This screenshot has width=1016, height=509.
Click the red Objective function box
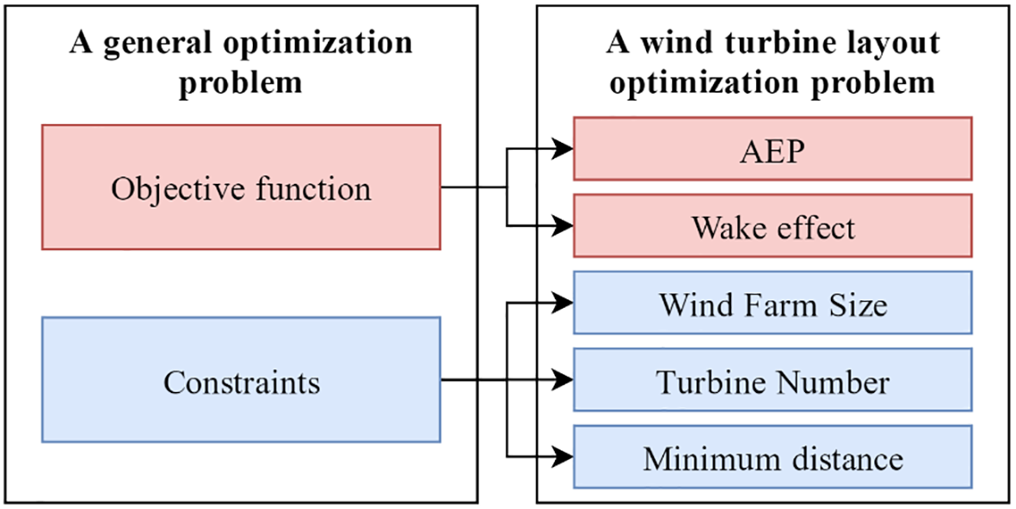(241, 187)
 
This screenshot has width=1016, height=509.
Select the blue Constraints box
(241, 380)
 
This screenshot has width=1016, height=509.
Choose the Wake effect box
(773, 226)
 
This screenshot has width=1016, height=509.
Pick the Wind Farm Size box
(773, 303)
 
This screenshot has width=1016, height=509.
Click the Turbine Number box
(773, 380)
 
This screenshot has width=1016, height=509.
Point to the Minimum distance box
(773, 457)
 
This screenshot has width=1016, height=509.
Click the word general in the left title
(151, 44)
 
